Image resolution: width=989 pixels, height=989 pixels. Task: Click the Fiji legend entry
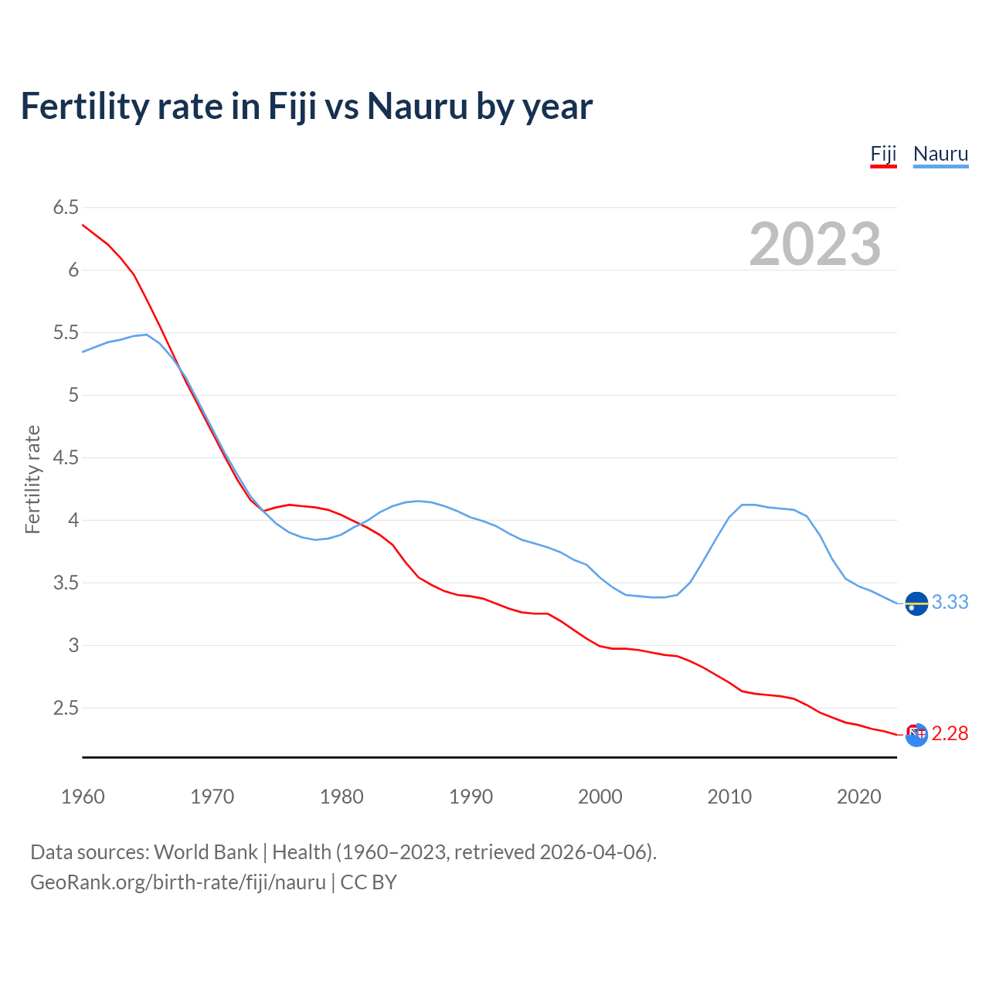tap(883, 154)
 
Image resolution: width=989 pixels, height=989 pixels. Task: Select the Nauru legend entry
tap(940, 154)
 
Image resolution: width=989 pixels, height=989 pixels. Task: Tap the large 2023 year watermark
tap(815, 244)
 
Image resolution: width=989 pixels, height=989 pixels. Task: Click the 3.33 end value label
tap(950, 602)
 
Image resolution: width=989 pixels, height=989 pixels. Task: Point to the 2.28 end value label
tap(950, 733)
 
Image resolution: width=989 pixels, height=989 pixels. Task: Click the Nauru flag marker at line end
tap(916, 603)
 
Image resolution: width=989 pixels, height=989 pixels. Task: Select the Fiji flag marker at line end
tap(916, 735)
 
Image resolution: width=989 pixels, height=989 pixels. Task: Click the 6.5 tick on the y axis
tap(66, 207)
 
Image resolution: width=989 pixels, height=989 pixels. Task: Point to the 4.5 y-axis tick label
tap(66, 457)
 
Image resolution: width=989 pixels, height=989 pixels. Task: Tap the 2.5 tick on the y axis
tap(66, 708)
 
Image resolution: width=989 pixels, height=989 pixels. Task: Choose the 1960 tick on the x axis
tap(83, 797)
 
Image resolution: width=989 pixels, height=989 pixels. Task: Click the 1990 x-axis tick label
tap(471, 797)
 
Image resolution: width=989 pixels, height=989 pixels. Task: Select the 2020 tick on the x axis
tap(858, 797)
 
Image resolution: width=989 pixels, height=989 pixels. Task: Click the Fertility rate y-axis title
tap(32, 479)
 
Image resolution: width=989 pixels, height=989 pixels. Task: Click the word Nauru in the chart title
tap(416, 106)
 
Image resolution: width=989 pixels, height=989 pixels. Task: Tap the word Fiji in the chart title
tap(292, 106)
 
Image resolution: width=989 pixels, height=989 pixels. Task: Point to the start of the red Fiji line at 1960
tap(83, 225)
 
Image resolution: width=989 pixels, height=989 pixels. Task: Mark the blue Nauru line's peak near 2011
tap(743, 505)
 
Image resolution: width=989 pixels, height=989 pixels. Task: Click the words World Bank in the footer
tap(206, 852)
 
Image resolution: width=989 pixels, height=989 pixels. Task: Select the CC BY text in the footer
tap(369, 882)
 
